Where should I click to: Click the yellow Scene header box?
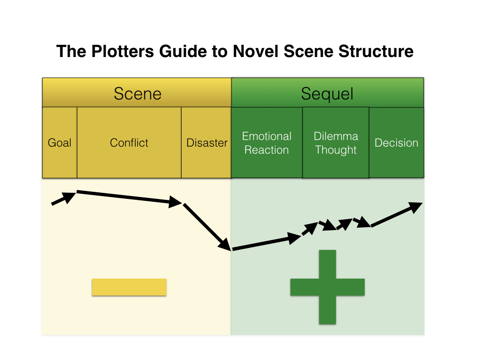[137, 93]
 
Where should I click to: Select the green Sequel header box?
[327, 93]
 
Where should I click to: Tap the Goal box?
[59, 143]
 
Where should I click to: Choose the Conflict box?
[129, 143]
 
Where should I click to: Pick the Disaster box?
[207, 143]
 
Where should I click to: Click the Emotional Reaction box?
[266, 143]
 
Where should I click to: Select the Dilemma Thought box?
[335, 143]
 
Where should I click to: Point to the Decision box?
[396, 143]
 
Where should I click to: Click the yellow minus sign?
[129, 287]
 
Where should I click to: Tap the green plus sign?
[327, 287]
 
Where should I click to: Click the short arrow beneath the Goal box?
[63, 198]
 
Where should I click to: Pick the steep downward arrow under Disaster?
[207, 227]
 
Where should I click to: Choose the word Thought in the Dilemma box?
[335, 150]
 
